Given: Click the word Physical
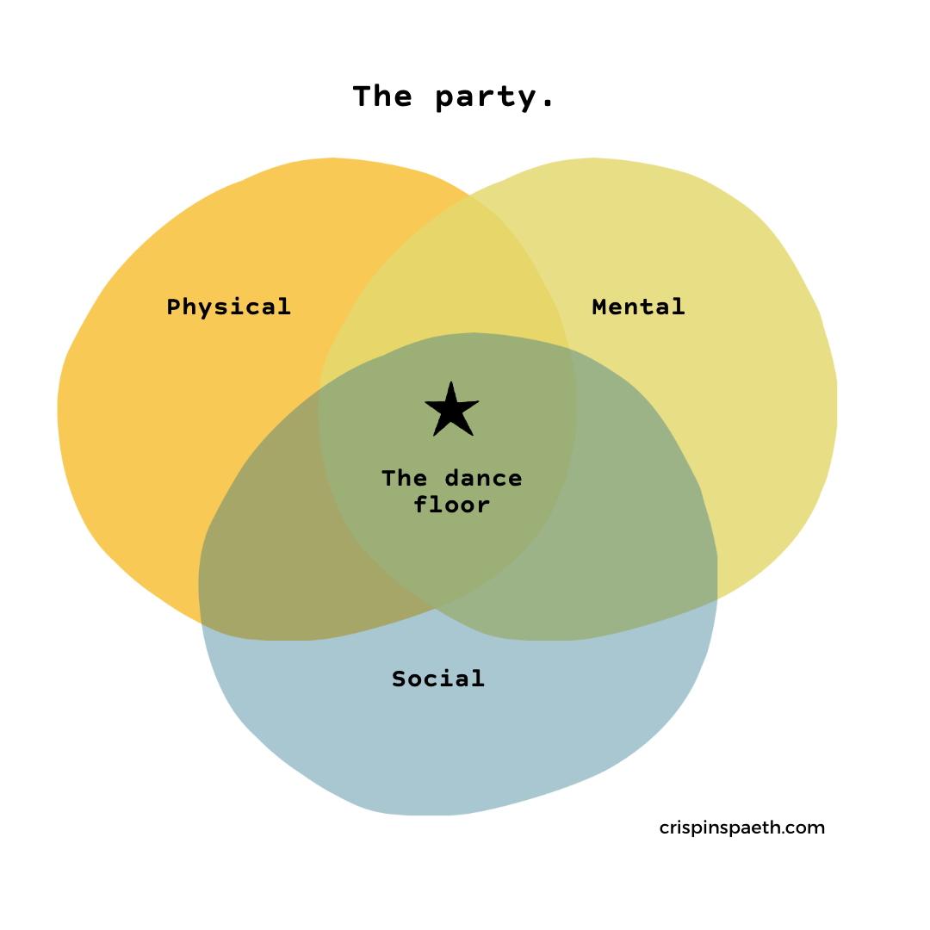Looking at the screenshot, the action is pos(228,307).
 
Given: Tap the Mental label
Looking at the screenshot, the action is pos(638,307).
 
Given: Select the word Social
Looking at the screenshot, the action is pos(438,679).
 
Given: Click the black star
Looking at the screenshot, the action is pos(451,411).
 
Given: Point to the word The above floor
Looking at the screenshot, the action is pos(403,478).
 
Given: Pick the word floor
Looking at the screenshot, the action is pos(452,505).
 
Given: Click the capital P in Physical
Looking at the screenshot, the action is pos(174,307).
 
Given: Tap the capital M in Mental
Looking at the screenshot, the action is pos(600,307).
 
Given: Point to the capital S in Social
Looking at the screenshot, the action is pos(399,679).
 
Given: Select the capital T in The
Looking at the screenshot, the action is pos(389,478).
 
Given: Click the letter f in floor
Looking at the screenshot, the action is pos(421,505).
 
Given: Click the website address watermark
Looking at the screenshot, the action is pos(742,829).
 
